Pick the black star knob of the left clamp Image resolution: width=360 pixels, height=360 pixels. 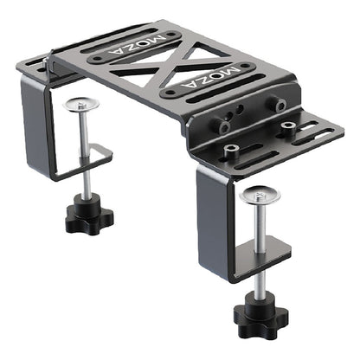click(88, 212)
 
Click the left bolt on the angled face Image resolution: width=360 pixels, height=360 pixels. click(224, 126)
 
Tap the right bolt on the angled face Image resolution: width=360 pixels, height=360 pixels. click(280, 103)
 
